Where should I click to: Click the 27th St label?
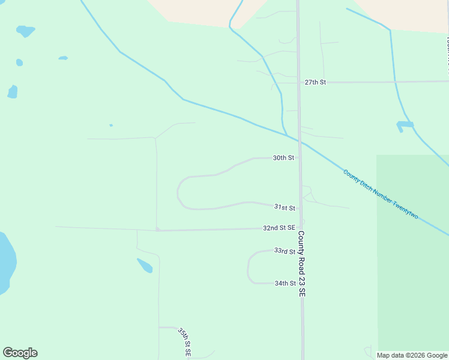pos(315,82)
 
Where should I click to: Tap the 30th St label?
pos(283,158)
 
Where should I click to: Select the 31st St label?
pos(285,208)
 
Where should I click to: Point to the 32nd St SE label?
pos(279,228)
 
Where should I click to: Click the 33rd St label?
pos(285,251)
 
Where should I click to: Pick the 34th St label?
pos(285,283)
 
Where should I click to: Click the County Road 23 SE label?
pos(302,264)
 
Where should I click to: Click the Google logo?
pos(20,353)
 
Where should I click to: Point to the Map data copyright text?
pos(412,355)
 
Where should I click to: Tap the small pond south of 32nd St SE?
pos(145,265)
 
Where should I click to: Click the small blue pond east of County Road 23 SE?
pos(405,125)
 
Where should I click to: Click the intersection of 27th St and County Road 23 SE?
pos(298,82)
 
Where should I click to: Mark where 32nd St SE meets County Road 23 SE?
pos(301,228)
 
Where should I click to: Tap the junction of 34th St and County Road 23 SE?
pos(301,283)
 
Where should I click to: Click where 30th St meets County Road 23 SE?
pos(300,158)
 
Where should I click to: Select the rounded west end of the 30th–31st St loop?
pos(178,193)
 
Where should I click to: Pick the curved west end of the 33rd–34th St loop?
pos(248,267)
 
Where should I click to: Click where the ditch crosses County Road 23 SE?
pos(299,141)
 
